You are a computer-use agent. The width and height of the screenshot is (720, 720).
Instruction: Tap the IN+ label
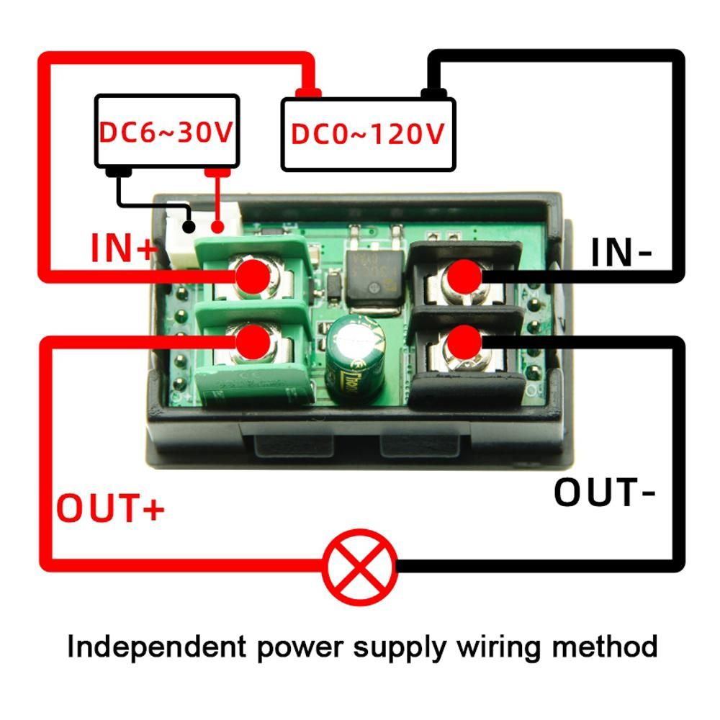click(x=123, y=249)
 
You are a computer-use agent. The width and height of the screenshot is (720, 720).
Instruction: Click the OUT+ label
click(x=111, y=508)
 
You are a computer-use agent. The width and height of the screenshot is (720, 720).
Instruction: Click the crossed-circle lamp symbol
click(x=360, y=567)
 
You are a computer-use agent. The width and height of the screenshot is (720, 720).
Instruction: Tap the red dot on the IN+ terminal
click(x=253, y=274)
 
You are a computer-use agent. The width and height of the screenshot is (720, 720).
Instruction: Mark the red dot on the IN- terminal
click(x=464, y=274)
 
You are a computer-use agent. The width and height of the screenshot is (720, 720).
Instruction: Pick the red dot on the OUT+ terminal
click(x=253, y=339)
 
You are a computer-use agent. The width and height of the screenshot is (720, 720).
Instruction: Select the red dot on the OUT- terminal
click(x=464, y=339)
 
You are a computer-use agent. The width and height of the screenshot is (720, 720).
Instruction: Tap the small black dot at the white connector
click(x=189, y=228)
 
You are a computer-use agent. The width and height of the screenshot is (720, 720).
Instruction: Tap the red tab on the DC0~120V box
click(x=308, y=92)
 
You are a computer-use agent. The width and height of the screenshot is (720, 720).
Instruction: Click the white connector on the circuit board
click(x=177, y=241)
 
